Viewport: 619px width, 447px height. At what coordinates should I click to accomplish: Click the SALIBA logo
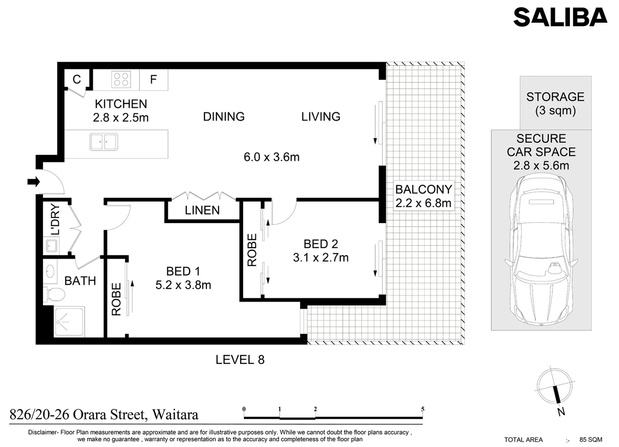[560, 17]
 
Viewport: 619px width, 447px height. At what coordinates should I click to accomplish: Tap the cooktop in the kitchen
[121, 79]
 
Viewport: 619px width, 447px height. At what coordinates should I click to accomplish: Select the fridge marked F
[153, 79]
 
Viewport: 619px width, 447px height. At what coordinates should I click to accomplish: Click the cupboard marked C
[76, 79]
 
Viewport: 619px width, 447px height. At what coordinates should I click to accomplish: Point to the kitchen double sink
[104, 142]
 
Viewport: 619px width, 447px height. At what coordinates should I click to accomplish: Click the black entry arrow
[33, 182]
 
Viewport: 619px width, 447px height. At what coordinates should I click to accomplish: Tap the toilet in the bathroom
[54, 295]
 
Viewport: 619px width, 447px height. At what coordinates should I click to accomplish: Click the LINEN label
[202, 210]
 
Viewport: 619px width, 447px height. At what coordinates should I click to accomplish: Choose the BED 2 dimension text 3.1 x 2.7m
[320, 257]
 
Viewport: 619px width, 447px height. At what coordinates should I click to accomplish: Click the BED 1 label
[183, 271]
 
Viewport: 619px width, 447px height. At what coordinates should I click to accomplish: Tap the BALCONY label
[423, 189]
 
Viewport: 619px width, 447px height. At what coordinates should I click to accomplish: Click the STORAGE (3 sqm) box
[555, 103]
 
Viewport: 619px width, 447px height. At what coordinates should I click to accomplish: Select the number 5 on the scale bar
[423, 409]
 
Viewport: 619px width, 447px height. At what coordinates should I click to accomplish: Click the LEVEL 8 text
[240, 360]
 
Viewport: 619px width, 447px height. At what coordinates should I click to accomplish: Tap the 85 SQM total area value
[590, 440]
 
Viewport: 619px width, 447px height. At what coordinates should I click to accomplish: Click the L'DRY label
[55, 220]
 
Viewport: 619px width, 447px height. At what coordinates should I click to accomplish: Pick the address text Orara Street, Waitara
[104, 414]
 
